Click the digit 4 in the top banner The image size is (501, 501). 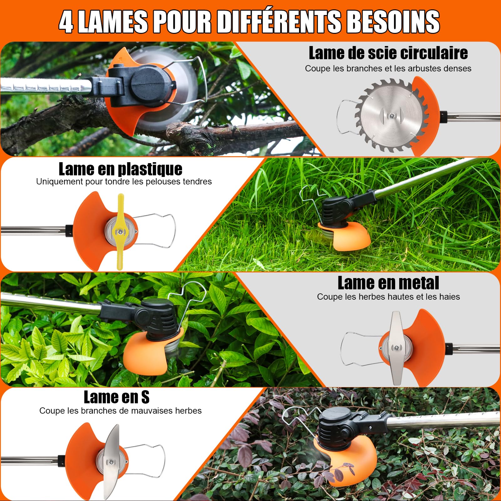66,22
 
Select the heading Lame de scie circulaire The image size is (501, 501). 388,53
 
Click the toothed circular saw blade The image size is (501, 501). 391,116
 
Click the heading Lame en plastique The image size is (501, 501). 121,169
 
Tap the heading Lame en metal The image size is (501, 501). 388,283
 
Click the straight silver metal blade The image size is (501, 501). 396,348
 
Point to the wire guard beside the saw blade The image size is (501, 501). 346,117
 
